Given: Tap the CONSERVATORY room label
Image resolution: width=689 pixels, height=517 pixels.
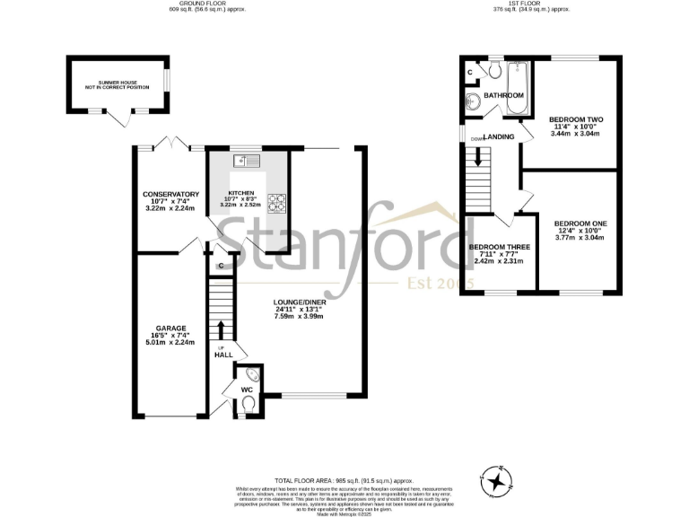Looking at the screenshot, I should [170, 194].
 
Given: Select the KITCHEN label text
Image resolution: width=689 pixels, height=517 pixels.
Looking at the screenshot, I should [241, 193].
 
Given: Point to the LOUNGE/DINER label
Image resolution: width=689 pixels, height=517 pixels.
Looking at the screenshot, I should [301, 302].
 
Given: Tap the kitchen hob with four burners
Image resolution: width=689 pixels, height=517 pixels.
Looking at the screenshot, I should [279, 202].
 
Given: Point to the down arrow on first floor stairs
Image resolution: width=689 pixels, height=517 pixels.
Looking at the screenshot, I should [479, 156].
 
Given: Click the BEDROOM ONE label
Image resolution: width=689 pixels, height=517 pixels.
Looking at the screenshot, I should [580, 223].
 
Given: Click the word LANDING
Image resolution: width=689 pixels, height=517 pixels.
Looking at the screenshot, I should [500, 136].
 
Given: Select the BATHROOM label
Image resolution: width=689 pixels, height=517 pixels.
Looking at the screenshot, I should [503, 95].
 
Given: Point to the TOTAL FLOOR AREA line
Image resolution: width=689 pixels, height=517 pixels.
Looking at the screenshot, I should [344, 481].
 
